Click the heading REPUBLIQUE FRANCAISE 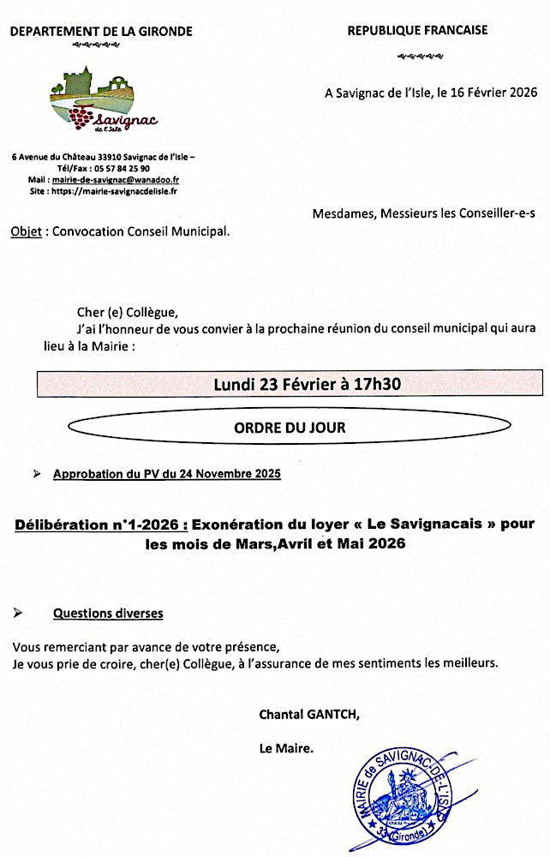pyautogui.click(x=417, y=30)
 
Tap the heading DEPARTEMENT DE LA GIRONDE pyautogui.click(x=101, y=32)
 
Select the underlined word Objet pyautogui.click(x=26, y=231)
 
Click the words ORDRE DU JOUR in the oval pyautogui.click(x=290, y=427)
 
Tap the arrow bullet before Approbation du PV pyautogui.click(x=37, y=474)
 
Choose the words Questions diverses pyautogui.click(x=107, y=614)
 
